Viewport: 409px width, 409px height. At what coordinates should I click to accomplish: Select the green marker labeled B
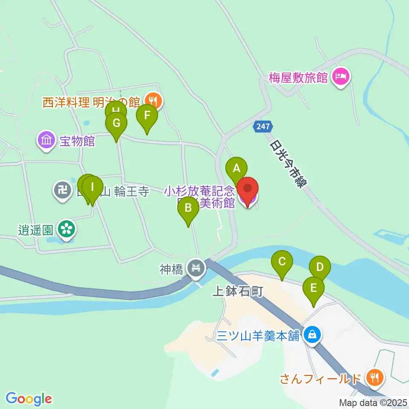pyautogui.click(x=188, y=209)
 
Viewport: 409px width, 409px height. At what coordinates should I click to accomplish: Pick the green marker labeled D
pyautogui.click(x=320, y=268)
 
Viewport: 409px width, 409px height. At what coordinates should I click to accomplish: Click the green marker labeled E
pyautogui.click(x=314, y=288)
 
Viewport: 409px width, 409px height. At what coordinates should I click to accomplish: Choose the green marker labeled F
pyautogui.click(x=147, y=116)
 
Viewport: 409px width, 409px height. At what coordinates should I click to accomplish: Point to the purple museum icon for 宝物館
pyautogui.click(x=46, y=140)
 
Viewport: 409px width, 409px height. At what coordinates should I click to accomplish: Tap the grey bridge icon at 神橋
pyautogui.click(x=196, y=269)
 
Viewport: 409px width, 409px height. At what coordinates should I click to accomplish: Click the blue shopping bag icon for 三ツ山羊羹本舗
pyautogui.click(x=312, y=334)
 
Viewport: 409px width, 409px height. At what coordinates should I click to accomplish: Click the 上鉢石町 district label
pyautogui.click(x=238, y=291)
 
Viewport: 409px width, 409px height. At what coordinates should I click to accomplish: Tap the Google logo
pyautogui.click(x=29, y=399)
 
